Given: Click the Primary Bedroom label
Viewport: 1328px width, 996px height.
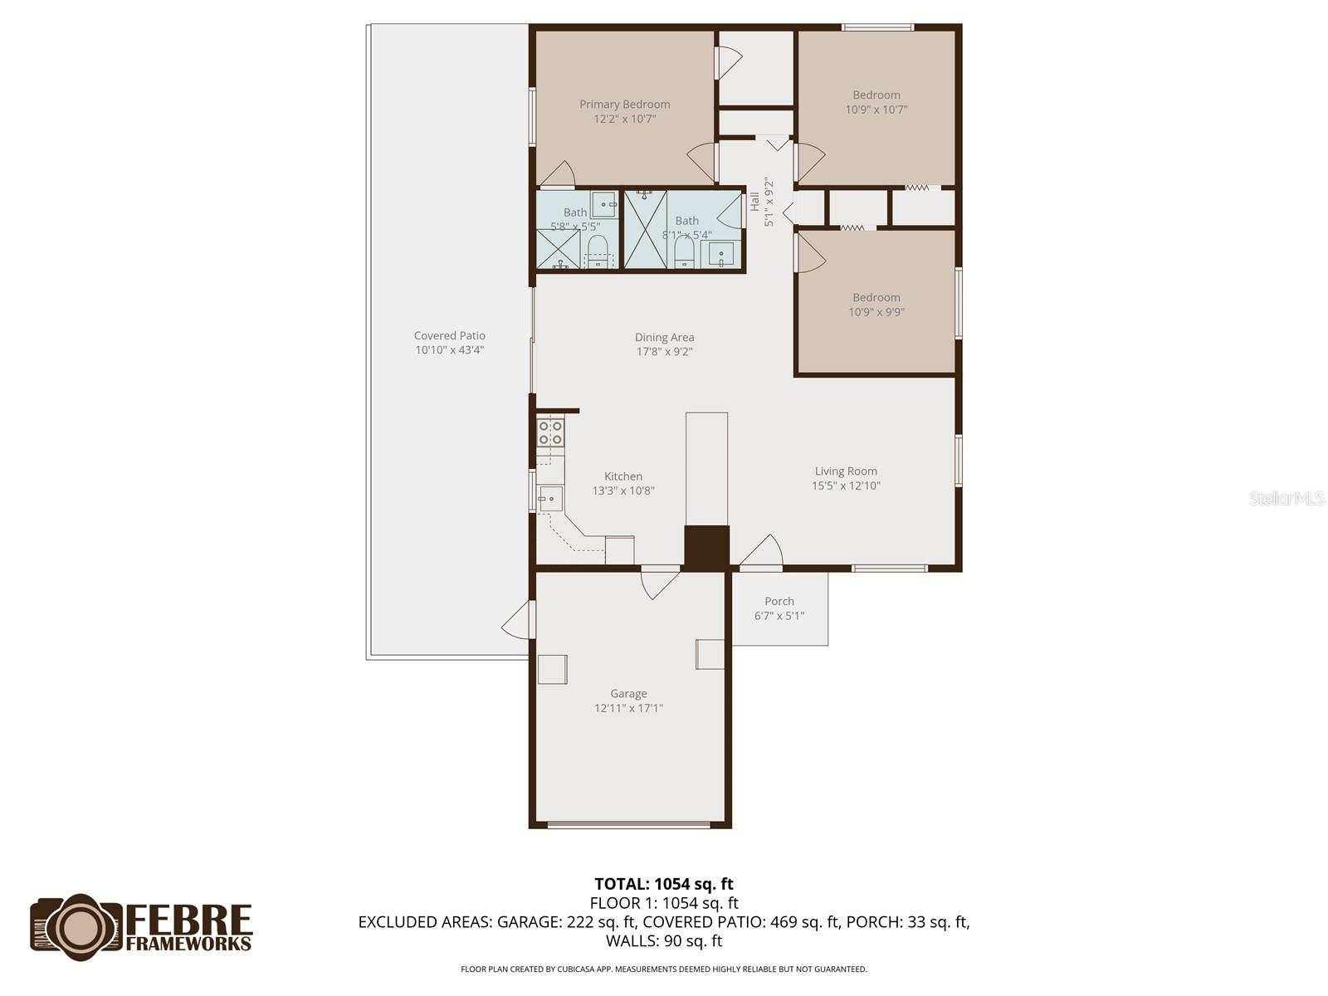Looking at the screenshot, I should tap(624, 104).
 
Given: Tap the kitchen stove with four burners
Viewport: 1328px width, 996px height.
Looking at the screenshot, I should tap(550, 432).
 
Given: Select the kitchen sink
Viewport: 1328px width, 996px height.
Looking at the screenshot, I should tap(549, 498).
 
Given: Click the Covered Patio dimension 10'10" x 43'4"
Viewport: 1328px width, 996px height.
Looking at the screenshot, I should tap(449, 350).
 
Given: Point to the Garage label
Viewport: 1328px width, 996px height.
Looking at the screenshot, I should tap(628, 694).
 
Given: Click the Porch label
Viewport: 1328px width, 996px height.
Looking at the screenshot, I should tap(779, 601).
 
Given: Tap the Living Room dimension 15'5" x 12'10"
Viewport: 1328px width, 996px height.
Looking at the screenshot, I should tap(846, 486).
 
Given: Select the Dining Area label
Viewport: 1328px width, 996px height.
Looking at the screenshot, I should tap(664, 337).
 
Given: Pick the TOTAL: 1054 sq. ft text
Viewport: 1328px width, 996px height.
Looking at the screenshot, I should tap(664, 884).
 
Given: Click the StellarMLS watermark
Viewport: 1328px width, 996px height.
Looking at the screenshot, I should tap(1286, 498).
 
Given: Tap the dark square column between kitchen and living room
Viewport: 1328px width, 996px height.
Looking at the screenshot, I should tap(706, 547).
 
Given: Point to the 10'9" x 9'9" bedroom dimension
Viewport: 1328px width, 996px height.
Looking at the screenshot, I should tap(876, 312).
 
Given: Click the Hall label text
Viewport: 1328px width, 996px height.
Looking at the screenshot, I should tap(754, 201).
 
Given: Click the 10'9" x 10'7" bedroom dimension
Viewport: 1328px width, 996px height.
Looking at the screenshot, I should tap(876, 109).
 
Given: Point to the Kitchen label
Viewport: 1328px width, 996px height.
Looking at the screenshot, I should tap(622, 476).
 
